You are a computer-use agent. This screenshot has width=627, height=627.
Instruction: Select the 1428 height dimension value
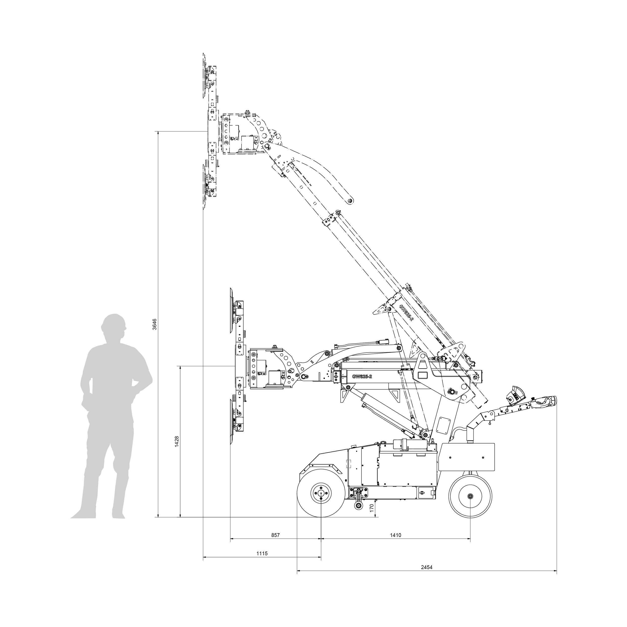[177, 442]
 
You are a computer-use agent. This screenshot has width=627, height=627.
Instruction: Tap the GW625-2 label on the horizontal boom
[362, 376]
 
